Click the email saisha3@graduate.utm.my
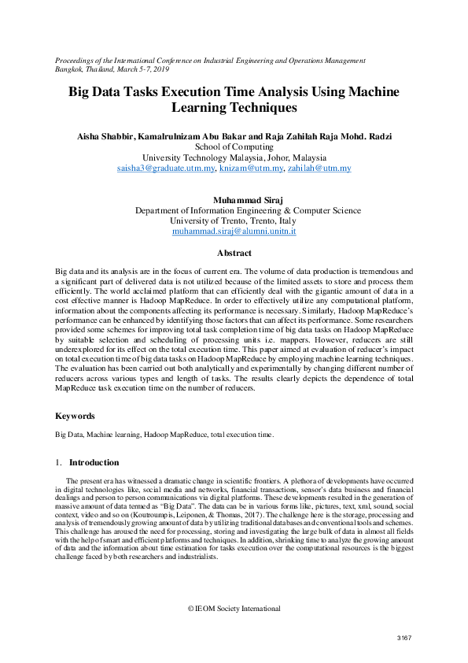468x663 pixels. pyautogui.click(x=165, y=169)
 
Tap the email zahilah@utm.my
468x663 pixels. pyautogui.click(x=319, y=169)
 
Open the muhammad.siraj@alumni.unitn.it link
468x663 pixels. pyautogui.click(x=234, y=232)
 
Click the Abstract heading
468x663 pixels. pyautogui.click(x=234, y=254)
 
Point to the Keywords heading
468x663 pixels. pyautogui.click(x=76, y=416)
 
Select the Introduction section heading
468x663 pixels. pyautogui.click(x=94, y=462)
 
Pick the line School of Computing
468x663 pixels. pyautogui.click(x=234, y=146)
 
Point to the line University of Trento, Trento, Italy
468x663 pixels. pyautogui.click(x=234, y=221)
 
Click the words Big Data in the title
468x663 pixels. pyautogui.click(x=98, y=92)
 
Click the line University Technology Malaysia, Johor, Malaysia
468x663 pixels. pyautogui.click(x=234, y=157)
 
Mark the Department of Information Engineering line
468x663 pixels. pyautogui.click(x=248, y=210)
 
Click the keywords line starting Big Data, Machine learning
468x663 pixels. pyautogui.click(x=164, y=434)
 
